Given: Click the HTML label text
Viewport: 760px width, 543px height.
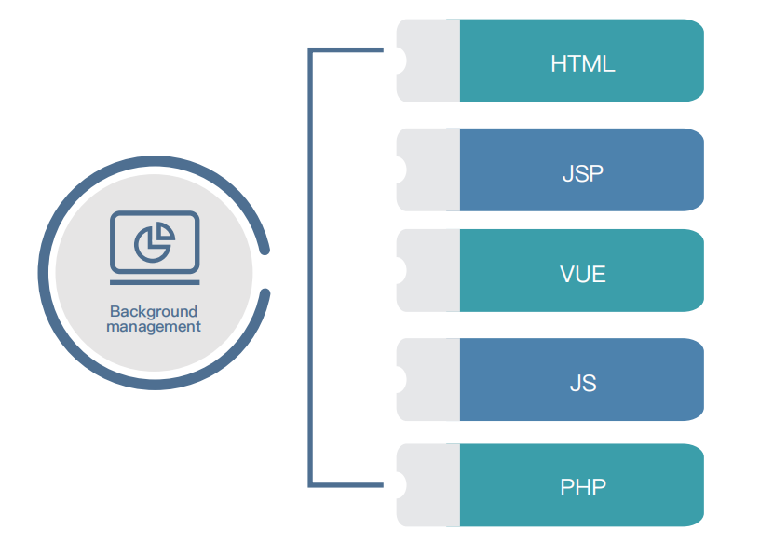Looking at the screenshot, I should click(582, 64).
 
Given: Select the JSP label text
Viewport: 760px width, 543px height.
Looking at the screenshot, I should click(582, 173).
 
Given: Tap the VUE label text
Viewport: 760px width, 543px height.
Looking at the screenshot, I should click(582, 274).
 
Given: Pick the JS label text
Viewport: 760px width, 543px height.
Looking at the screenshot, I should click(582, 383).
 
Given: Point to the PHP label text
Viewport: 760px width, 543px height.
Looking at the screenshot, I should click(582, 486).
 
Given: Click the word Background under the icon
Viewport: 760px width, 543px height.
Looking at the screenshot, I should click(154, 312).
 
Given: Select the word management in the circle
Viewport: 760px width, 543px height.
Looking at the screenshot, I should click(154, 327).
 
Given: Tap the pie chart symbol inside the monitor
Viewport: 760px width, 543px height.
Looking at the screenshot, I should click(155, 243).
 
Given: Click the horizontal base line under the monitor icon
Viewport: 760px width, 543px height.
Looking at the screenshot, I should click(155, 280).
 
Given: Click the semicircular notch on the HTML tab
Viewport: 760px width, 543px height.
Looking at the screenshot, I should click(400, 61).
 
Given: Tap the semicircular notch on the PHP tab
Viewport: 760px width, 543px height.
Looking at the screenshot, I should click(400, 484).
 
